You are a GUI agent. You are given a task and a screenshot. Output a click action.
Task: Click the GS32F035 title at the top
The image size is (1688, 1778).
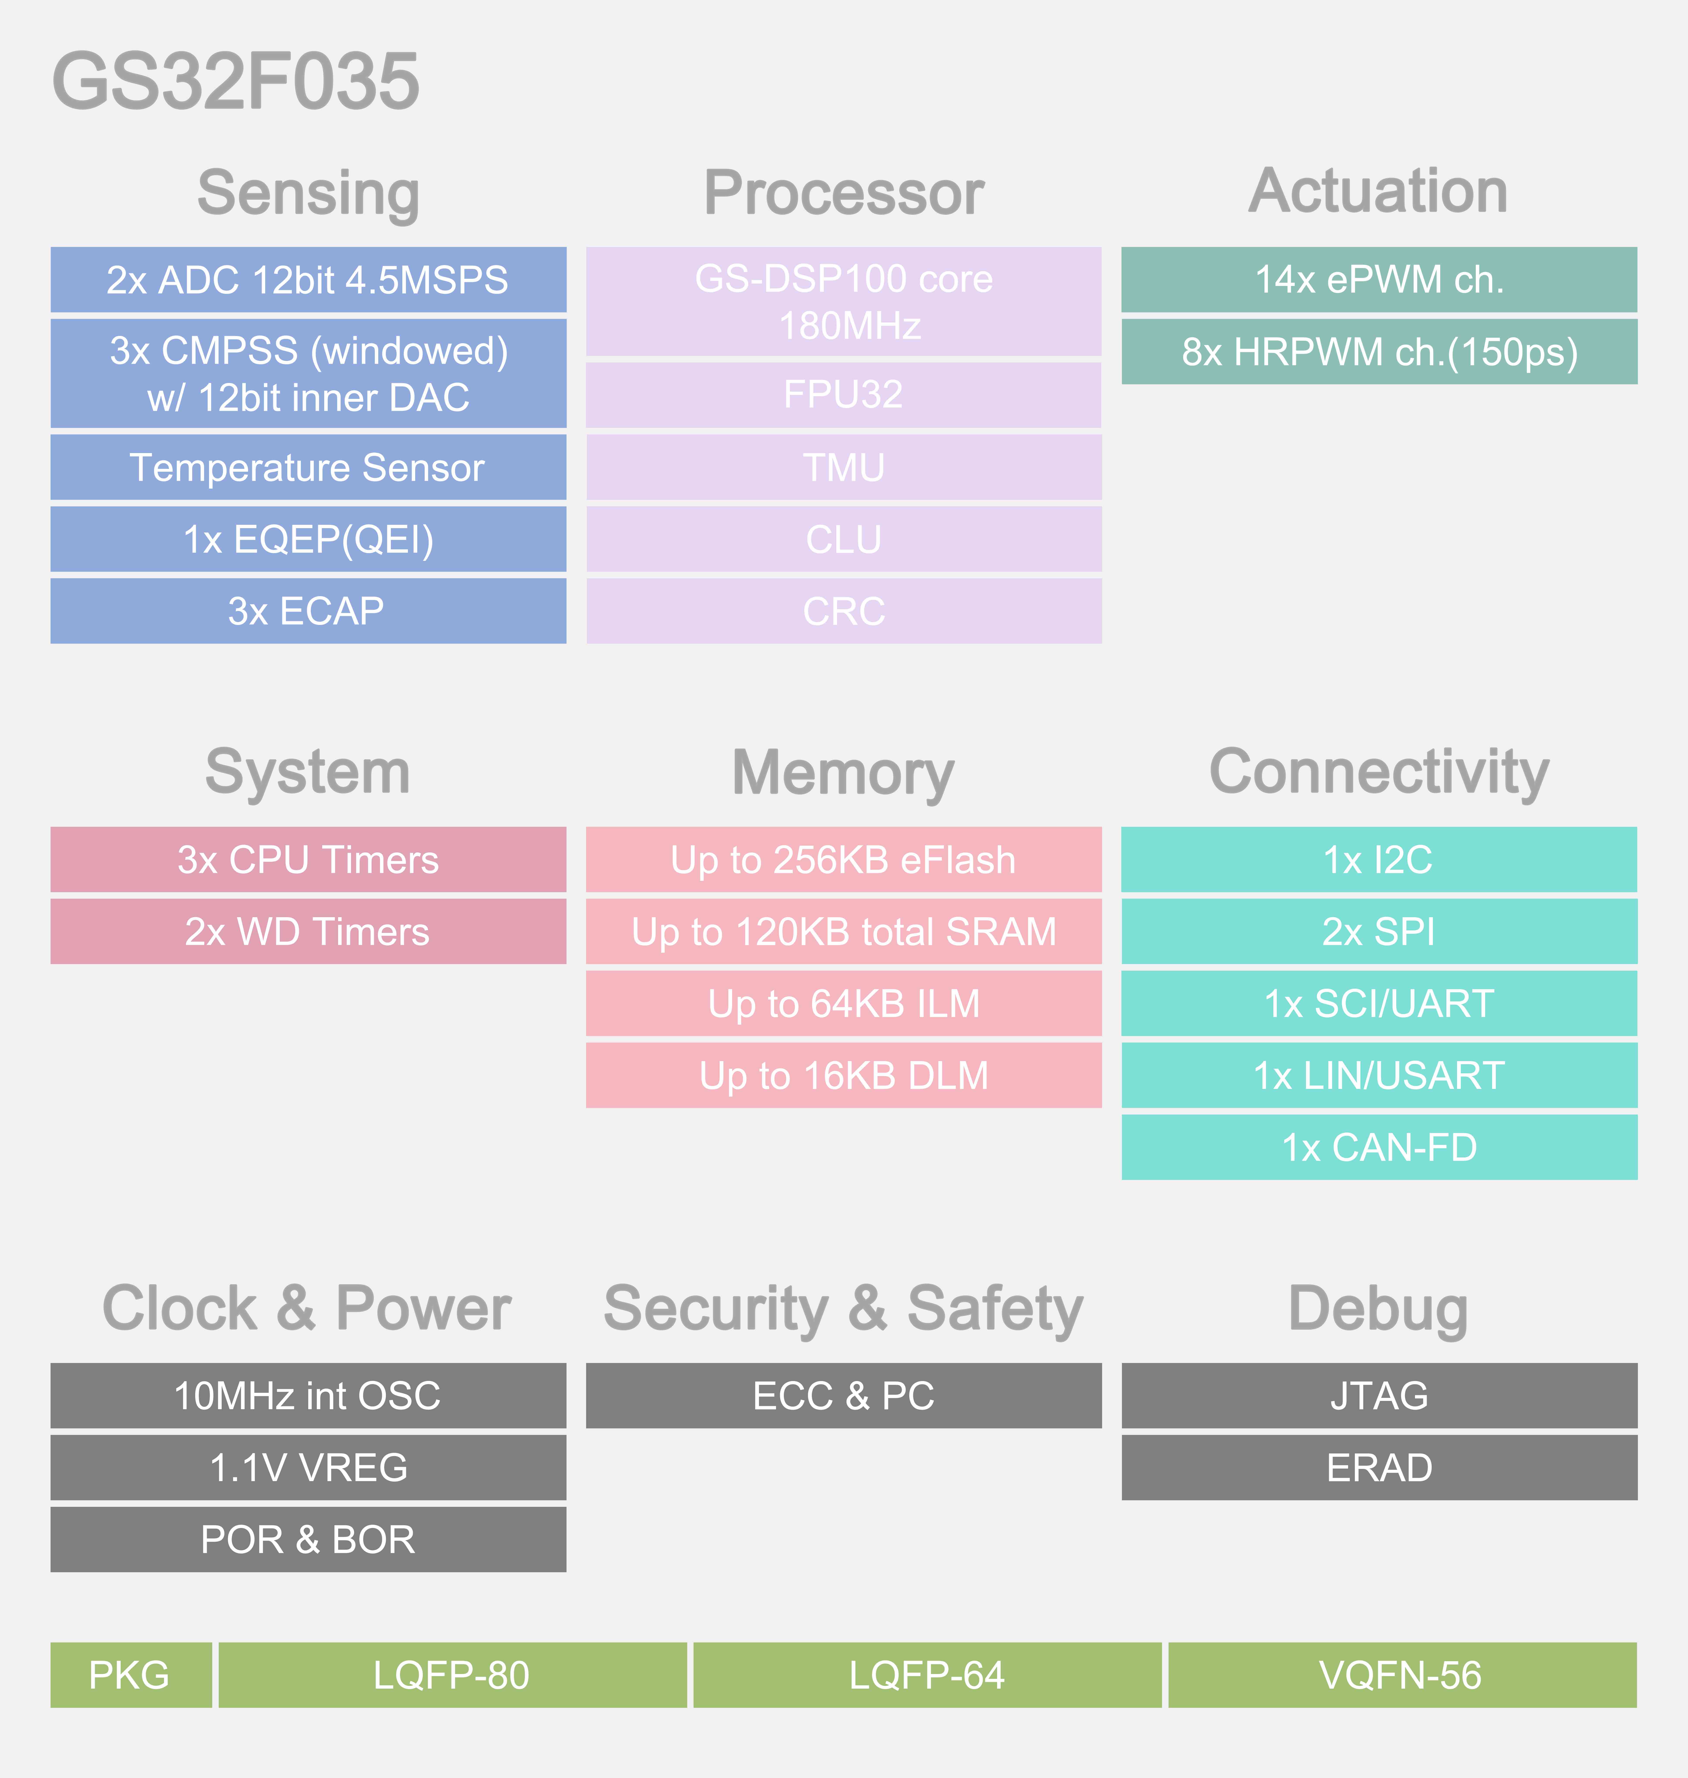(x=236, y=81)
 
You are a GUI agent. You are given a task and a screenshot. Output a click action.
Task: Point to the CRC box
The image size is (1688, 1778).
(x=844, y=611)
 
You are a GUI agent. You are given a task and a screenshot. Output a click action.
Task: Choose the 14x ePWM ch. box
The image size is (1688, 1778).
(x=1379, y=280)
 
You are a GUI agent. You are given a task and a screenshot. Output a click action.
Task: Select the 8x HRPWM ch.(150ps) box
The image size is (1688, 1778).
(x=1379, y=352)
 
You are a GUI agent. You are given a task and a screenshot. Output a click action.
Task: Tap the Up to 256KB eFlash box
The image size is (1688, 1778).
(x=844, y=860)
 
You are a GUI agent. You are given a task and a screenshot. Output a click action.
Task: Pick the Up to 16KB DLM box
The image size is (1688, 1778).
(x=844, y=1076)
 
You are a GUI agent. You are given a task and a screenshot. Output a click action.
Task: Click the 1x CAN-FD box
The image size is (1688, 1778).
(x=1379, y=1148)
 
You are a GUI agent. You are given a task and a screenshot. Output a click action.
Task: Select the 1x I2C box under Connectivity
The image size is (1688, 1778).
(x=1379, y=860)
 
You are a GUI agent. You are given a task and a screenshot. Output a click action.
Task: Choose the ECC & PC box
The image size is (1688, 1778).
(x=844, y=1395)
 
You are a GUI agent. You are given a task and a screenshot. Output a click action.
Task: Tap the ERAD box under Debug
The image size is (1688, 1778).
(x=1379, y=1467)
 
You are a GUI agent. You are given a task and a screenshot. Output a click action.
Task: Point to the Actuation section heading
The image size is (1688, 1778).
(x=1378, y=191)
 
